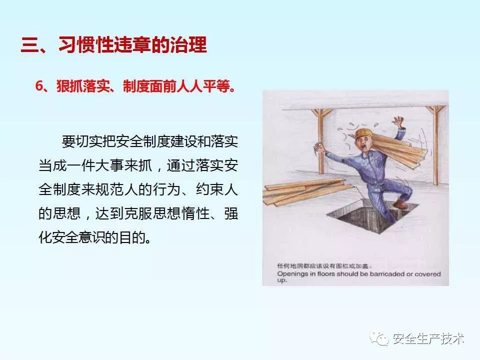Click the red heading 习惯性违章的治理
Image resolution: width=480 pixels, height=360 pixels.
(x=132, y=45)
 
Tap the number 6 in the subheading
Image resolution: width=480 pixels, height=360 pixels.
(x=39, y=86)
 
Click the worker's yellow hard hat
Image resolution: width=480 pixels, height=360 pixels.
(x=364, y=133)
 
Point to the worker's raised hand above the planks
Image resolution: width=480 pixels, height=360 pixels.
(x=399, y=122)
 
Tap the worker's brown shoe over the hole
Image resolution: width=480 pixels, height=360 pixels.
(x=401, y=204)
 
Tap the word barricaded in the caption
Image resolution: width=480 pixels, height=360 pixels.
(x=387, y=274)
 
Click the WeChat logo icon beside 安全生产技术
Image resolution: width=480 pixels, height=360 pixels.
(x=379, y=338)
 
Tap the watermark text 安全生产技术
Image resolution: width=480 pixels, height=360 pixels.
(x=428, y=338)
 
